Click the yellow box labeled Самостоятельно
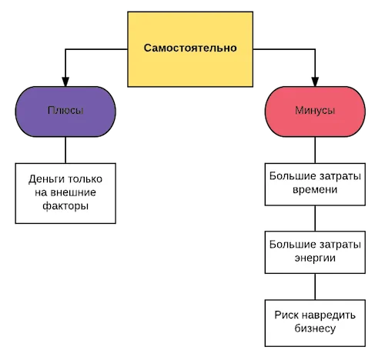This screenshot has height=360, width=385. (190, 49)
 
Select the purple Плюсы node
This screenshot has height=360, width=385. (65, 112)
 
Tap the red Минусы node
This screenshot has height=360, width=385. (315, 112)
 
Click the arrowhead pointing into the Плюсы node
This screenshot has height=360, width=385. (65, 82)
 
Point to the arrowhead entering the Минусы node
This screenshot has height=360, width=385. (315, 82)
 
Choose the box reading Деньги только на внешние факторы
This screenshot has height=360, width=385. (65, 193)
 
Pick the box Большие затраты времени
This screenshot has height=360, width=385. (315, 185)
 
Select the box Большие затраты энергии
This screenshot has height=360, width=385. (315, 252)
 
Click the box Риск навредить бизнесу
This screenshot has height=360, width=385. (315, 323)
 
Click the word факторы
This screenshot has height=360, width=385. (65, 206)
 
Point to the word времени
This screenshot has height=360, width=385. (315, 190)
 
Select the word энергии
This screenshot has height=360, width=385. (315, 258)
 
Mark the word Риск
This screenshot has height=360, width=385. (286, 315)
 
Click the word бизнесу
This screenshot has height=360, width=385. (315, 328)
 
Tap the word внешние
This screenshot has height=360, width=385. (76, 192)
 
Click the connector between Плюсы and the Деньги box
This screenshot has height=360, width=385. (65, 150)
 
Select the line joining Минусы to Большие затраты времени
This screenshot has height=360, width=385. (315, 150)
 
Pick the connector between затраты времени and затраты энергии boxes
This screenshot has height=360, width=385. (315, 218)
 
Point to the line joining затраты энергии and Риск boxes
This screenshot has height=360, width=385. (315, 287)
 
